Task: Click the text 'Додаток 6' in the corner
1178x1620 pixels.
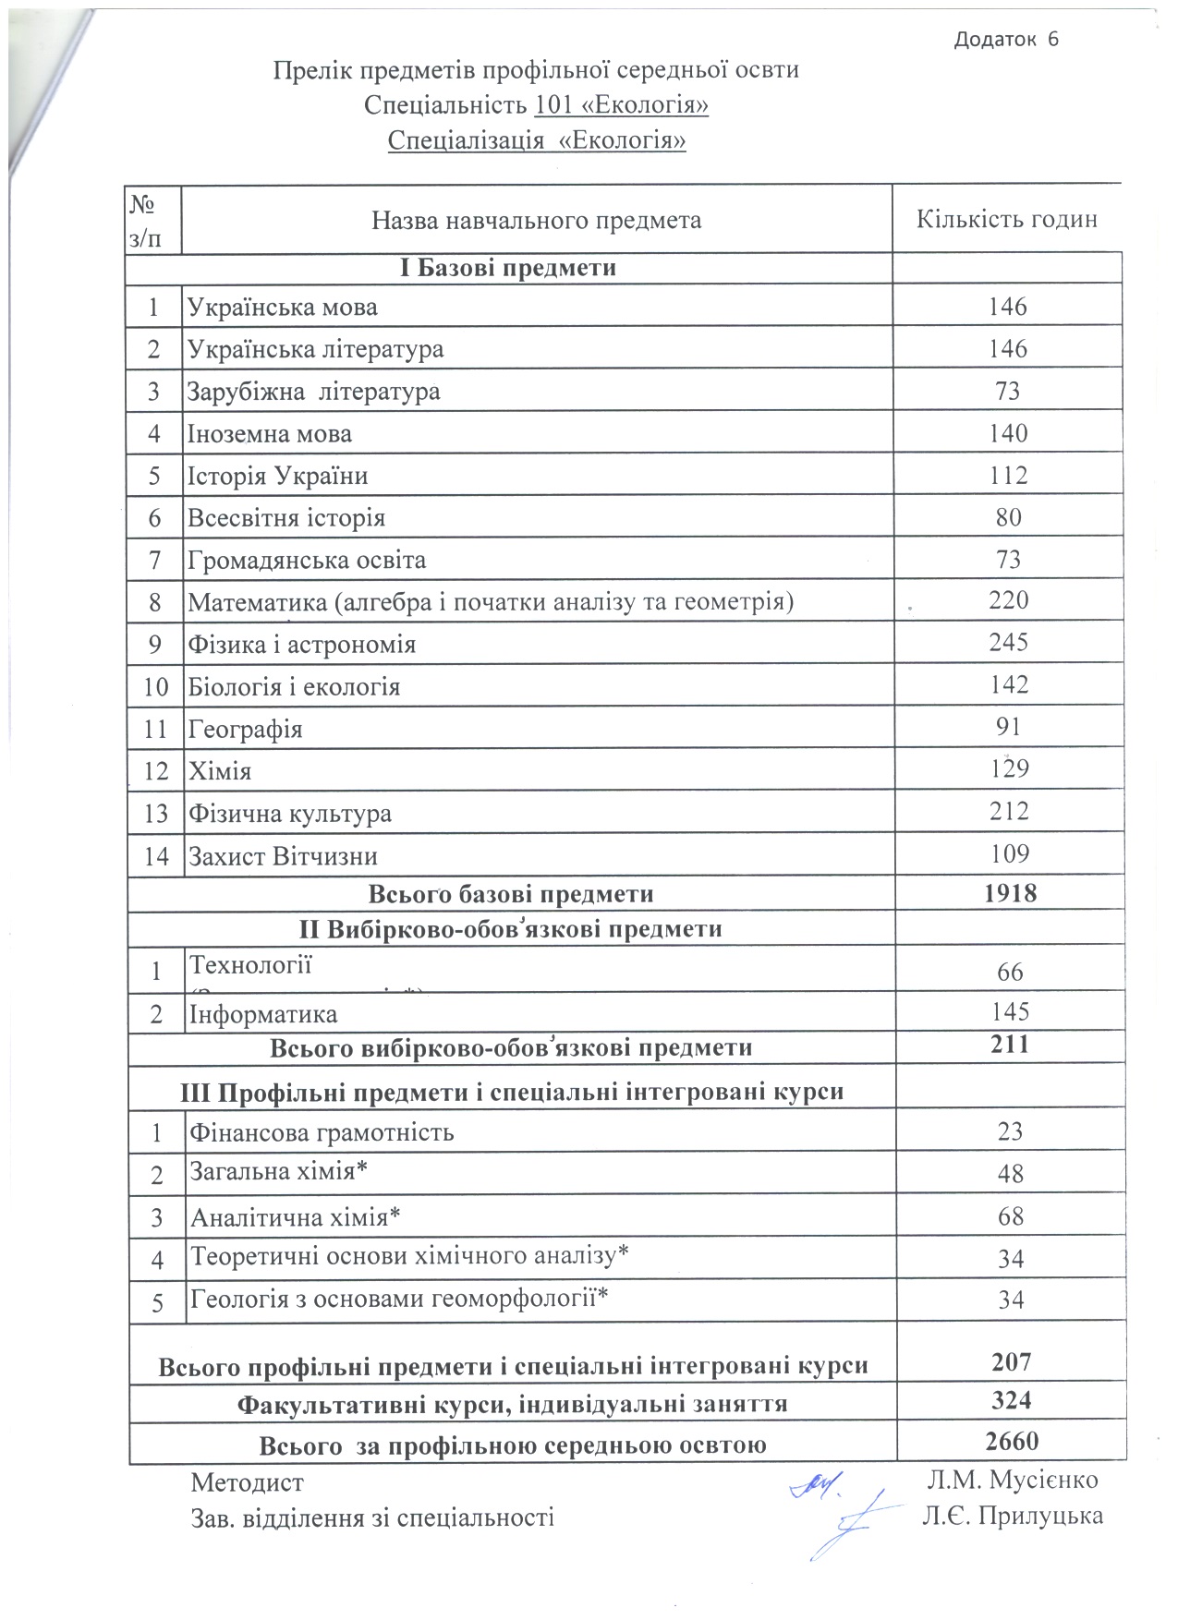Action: [1006, 39]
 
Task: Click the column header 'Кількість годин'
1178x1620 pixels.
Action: [1006, 220]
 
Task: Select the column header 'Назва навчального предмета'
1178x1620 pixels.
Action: [536, 221]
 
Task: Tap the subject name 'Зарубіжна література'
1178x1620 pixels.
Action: [314, 392]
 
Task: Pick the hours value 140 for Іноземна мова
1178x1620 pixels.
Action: [1007, 433]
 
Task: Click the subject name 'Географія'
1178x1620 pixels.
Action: [246, 730]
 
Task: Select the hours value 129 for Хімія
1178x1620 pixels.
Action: [1008, 768]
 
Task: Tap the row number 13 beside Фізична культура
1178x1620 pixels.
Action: [155, 814]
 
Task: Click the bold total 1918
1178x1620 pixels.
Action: [1010, 893]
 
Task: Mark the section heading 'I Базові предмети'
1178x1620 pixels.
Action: [508, 268]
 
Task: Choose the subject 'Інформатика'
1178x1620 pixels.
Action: [263, 1014]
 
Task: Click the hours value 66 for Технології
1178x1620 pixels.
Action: [1010, 972]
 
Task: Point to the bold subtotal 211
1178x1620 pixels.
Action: [1010, 1045]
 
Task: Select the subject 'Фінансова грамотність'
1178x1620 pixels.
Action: [322, 1132]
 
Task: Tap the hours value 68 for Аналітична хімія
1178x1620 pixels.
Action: [1011, 1215]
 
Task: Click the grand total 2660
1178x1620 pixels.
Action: [1012, 1441]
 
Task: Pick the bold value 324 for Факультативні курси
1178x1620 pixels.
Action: [1011, 1400]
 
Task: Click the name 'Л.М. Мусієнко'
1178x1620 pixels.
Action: [1013, 1480]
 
